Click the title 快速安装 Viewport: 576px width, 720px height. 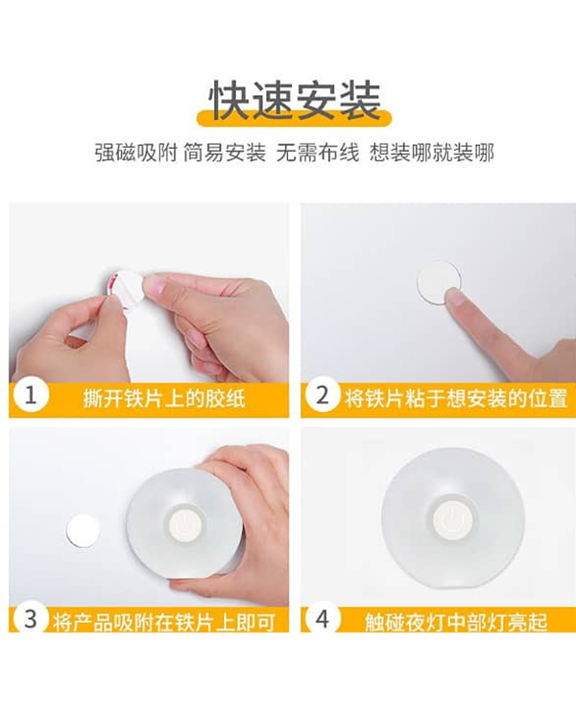click(295, 101)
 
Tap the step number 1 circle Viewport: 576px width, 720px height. click(31, 395)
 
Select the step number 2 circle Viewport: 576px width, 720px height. click(322, 395)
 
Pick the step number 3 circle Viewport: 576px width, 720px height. click(31, 618)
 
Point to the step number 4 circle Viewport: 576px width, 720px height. click(322, 618)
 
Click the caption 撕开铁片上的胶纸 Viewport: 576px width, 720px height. click(164, 397)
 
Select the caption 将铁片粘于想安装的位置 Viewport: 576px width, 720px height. click(456, 397)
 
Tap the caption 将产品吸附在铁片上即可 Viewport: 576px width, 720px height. click(164, 622)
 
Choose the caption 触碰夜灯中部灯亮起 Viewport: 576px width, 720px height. click(456, 622)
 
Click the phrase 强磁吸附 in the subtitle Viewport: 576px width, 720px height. click(135, 153)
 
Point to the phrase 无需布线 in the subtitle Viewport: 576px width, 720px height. click(318, 153)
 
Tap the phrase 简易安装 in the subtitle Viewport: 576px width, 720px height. click(225, 153)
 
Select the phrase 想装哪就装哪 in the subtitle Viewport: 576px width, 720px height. click(432, 153)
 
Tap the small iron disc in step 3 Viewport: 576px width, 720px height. click(84, 531)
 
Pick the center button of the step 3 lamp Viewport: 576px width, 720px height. click(185, 523)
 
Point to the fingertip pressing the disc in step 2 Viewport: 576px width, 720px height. click(454, 297)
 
